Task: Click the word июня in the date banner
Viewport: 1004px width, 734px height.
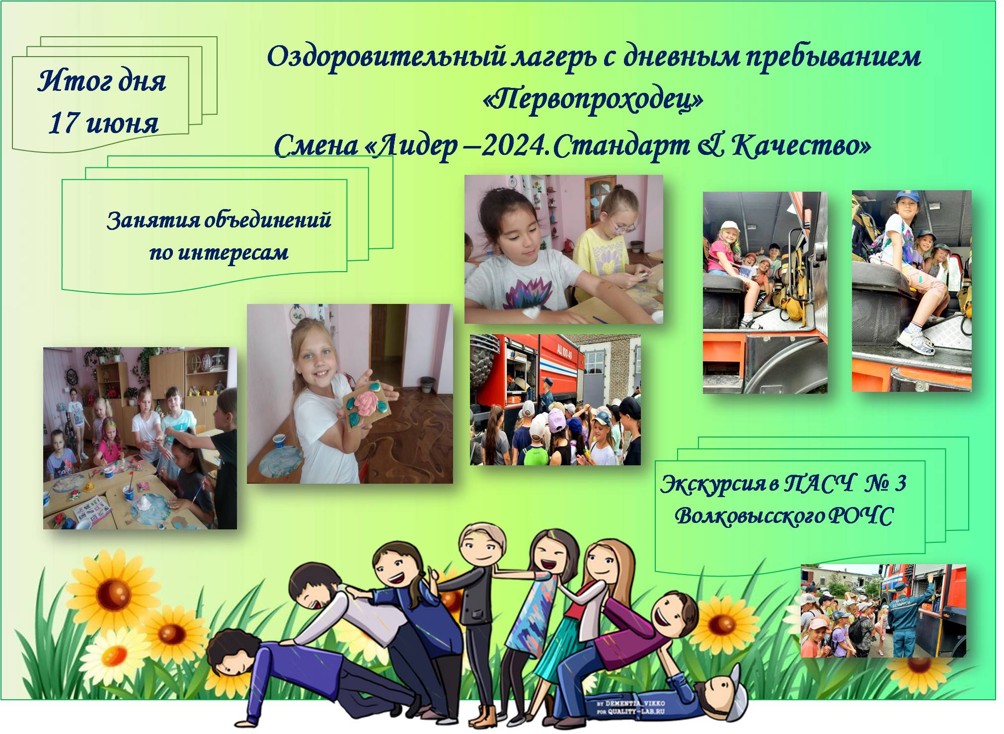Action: (122, 124)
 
